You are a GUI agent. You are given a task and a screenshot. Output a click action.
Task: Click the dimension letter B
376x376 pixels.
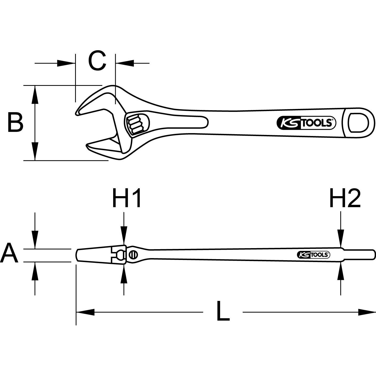[x=15, y=122]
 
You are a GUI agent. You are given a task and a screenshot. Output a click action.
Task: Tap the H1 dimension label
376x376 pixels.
[x=127, y=199]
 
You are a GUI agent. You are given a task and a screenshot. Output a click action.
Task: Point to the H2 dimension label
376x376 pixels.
[x=345, y=199]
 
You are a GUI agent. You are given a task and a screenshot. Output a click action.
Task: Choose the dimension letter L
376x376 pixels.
[x=223, y=312]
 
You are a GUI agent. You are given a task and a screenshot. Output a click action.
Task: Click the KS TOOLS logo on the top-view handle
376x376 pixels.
[x=306, y=123]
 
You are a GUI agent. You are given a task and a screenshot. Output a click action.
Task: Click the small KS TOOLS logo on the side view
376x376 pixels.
[x=313, y=255]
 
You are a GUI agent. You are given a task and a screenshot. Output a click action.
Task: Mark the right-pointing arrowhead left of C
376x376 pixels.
[x=66, y=63]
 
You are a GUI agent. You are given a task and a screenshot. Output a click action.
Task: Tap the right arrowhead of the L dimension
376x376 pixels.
[x=367, y=312]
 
